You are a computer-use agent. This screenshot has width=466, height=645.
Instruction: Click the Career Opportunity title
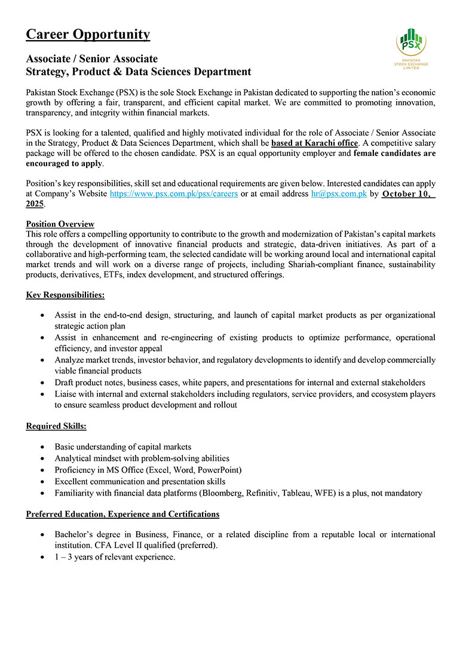click(x=88, y=34)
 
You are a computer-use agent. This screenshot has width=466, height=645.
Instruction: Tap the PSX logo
click(x=411, y=48)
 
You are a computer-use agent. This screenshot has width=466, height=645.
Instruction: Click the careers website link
click(x=174, y=194)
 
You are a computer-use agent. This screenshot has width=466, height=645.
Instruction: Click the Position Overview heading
click(x=60, y=224)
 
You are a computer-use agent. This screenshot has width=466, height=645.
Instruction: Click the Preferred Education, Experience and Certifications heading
click(x=122, y=513)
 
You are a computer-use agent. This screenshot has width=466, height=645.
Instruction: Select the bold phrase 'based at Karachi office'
click(x=314, y=143)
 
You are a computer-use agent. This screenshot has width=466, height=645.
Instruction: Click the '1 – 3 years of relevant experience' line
click(x=115, y=557)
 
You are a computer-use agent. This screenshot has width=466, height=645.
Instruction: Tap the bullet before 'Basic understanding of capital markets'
click(x=41, y=447)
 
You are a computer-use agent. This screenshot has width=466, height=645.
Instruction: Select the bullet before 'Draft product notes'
click(x=41, y=382)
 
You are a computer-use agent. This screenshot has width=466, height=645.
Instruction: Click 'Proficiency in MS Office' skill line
click(x=148, y=470)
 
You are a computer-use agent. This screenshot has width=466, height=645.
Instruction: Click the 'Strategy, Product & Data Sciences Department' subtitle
click(x=139, y=72)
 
